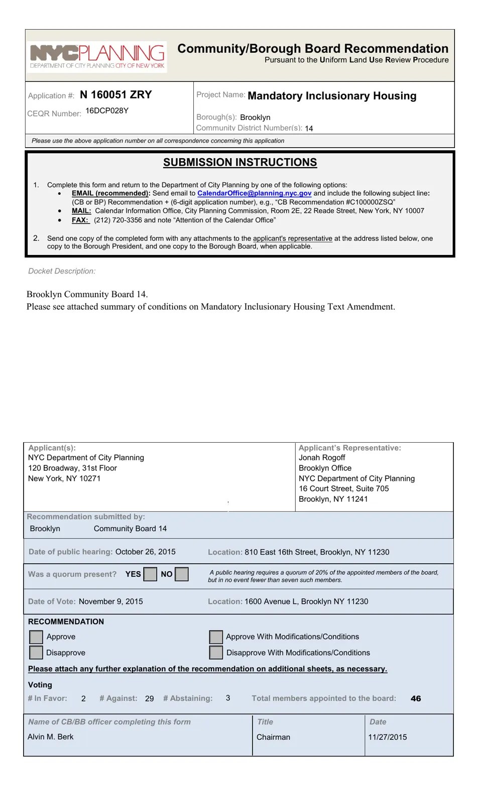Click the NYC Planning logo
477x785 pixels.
pos(97,56)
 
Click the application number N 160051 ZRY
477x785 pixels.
pos(115,95)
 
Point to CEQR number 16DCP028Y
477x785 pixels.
pos(107,111)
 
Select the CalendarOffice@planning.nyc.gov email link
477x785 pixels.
pos(254,193)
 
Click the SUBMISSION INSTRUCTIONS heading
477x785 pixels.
pos(240,163)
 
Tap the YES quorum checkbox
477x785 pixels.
pos(150,574)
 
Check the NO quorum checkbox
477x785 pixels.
pos(182,574)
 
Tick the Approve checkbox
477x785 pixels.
pos(36,637)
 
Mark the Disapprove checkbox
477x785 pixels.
pos(36,652)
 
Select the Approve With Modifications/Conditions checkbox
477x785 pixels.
pos(216,637)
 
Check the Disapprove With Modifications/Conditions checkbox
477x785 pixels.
pos(216,652)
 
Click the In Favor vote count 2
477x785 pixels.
pos(83,699)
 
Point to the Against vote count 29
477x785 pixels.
pos(149,699)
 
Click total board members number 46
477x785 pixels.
pos(416,699)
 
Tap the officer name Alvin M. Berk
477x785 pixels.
pos(51,737)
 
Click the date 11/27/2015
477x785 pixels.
pos(388,737)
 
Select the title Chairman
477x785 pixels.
pos(273,737)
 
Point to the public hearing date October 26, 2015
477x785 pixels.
pos(145,552)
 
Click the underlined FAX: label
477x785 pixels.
pos(80,220)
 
